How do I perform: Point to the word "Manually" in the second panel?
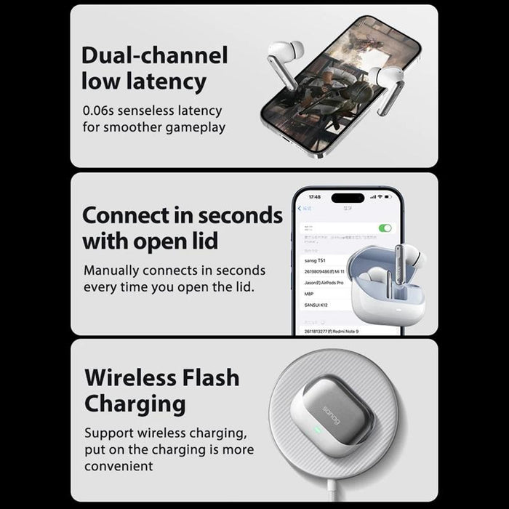pyautogui.click(x=119, y=270)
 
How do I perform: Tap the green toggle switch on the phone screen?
pyautogui.click(x=385, y=228)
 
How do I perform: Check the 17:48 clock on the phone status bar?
pyautogui.click(x=314, y=197)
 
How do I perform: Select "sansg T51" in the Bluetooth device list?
pyautogui.click(x=315, y=259)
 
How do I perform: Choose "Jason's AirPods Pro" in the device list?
pyautogui.click(x=324, y=282)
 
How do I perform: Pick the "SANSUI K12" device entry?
pyautogui.click(x=317, y=305)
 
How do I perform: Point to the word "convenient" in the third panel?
pyautogui.click(x=119, y=466)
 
